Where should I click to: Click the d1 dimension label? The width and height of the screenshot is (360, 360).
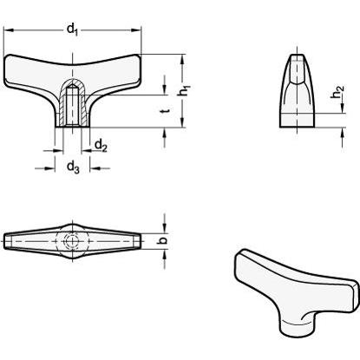point(72,29)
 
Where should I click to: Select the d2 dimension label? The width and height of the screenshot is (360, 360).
point(101,145)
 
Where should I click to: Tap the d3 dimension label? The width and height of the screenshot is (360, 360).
point(73,167)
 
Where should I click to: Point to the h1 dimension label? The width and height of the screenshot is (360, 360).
point(185,90)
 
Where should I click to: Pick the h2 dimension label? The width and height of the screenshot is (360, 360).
point(337,92)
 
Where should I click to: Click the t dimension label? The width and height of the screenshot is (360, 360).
point(165,111)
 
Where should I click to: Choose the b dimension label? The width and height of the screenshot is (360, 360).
point(163,240)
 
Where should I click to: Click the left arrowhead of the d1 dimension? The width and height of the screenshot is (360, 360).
point(8,29)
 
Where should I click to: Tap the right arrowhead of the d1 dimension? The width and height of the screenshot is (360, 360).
point(136,29)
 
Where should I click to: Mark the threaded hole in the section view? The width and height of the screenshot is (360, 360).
point(72,105)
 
